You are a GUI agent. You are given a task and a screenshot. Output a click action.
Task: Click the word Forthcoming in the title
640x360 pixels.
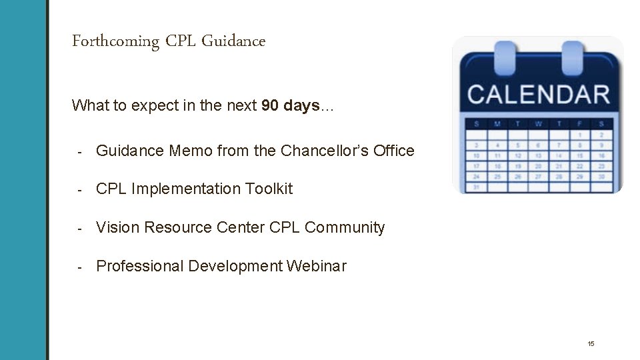[115, 42]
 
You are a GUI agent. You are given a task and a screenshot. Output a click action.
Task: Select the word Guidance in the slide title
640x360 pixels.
[233, 41]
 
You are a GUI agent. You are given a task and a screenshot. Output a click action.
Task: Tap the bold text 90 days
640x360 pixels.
[291, 105]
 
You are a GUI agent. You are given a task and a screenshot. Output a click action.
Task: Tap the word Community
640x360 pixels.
[345, 228]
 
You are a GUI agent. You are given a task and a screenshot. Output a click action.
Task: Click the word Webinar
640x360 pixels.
[317, 267]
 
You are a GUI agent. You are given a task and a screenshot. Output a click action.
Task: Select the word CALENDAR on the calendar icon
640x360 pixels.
[539, 94]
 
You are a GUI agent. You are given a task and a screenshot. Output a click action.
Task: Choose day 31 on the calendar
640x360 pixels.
[475, 187]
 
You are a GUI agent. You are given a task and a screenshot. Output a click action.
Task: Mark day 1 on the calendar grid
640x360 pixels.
[580, 134]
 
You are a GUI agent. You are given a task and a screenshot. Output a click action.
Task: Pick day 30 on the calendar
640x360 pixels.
[601, 177]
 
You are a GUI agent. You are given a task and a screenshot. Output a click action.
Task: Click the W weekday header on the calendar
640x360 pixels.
[538, 123]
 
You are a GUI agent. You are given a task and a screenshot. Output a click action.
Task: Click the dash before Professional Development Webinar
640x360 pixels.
[79, 267]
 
